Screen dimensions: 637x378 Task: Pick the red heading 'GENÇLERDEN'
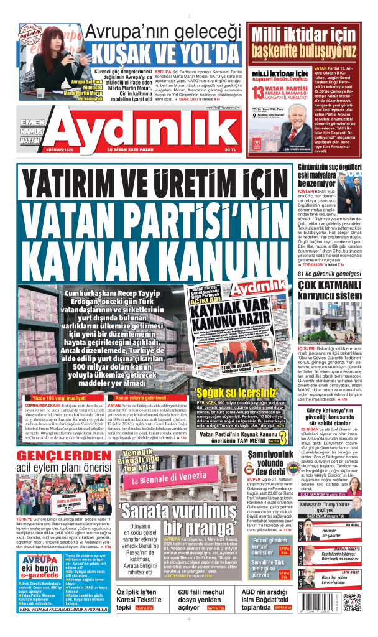point(56,458)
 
